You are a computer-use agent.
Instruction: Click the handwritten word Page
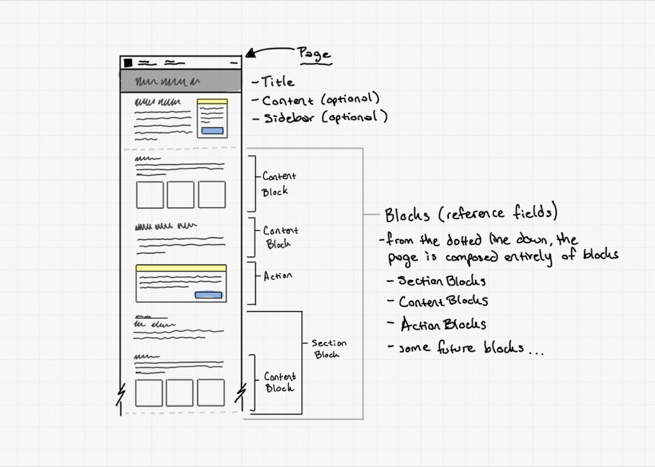point(314,54)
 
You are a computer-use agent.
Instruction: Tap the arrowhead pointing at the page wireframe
point(251,53)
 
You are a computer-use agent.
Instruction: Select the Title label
point(278,82)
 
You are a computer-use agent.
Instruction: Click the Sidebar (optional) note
point(325,117)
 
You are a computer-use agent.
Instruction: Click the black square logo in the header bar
point(128,63)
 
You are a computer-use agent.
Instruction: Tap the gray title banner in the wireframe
point(181,80)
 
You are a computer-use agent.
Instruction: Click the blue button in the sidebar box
point(212,131)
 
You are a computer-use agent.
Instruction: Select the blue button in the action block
point(208,295)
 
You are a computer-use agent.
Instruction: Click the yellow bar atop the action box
point(181,268)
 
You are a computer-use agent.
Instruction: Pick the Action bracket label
point(278,276)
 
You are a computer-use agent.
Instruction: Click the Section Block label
point(328,349)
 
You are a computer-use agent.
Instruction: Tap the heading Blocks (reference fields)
point(471,213)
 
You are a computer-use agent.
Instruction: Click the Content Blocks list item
point(443,301)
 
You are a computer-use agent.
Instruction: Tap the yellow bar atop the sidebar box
point(212,101)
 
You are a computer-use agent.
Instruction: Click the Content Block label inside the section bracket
point(280,382)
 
